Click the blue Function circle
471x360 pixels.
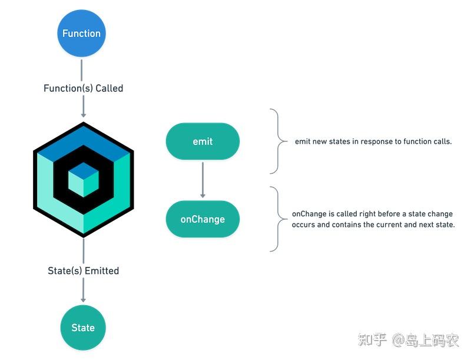click(81, 33)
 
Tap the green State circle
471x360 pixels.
click(83, 328)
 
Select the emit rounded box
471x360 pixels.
click(203, 141)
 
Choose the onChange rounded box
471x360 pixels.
click(203, 219)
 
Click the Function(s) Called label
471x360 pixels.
click(83, 88)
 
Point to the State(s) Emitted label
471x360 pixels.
click(83, 271)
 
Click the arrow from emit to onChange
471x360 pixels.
click(203, 179)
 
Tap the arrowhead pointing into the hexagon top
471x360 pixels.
click(84, 113)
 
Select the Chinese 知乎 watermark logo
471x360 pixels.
click(372, 340)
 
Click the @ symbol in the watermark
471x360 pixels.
click(398, 341)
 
